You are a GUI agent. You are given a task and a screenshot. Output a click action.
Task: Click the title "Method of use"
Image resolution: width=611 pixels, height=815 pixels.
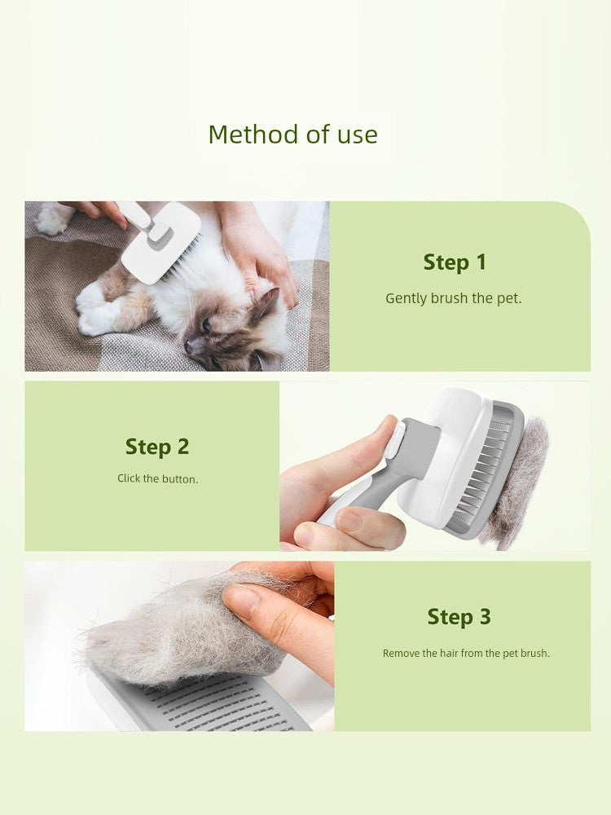pos(292,134)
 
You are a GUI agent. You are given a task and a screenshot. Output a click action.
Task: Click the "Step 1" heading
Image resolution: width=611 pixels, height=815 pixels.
pos(454,262)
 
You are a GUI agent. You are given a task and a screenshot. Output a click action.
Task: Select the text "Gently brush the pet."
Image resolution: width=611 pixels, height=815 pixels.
pos(453,298)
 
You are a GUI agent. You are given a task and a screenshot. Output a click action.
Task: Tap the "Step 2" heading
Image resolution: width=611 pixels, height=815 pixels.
pos(156,447)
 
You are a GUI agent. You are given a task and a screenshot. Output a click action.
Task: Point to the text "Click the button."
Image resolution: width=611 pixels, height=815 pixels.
pos(157,478)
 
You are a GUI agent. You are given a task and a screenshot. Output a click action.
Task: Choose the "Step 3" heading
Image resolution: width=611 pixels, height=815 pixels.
pos(459,617)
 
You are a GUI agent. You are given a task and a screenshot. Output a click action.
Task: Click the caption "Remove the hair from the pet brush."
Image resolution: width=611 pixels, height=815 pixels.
pos(466,653)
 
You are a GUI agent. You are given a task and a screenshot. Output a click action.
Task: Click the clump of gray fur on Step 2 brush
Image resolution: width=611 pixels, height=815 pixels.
pos(516,481)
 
